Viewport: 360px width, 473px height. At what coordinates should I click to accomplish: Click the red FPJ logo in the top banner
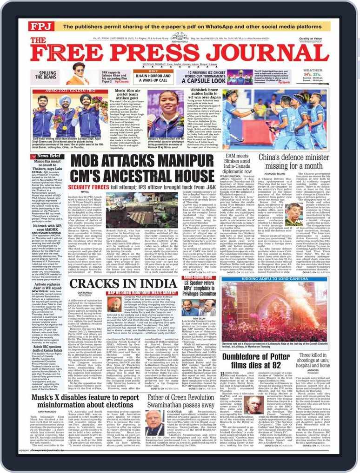(39, 26)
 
